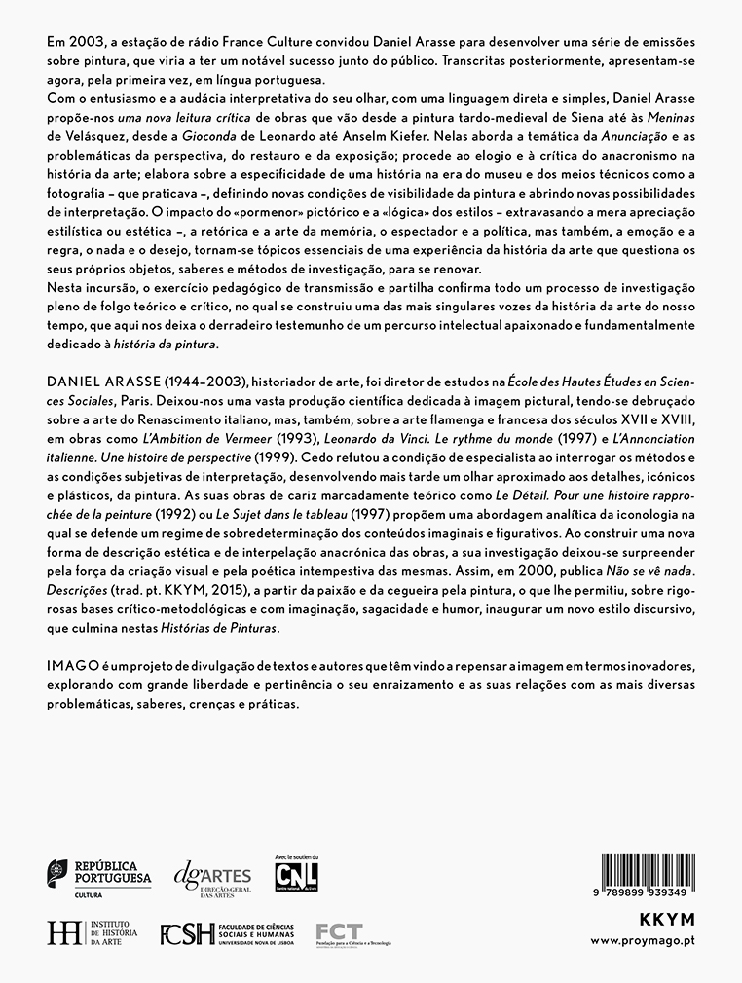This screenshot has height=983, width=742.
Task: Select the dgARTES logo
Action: pyautogui.click(x=211, y=879)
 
